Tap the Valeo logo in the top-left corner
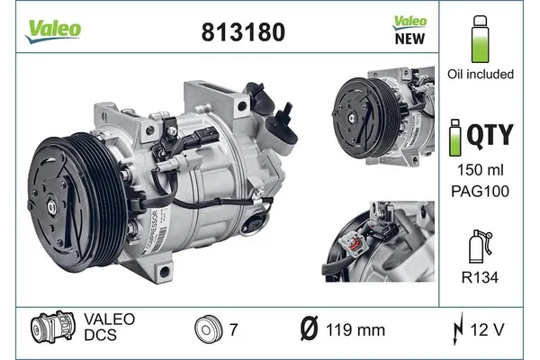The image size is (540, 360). coord(53,29)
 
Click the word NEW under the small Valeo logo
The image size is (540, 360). coord(410,39)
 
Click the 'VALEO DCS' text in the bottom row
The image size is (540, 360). coord(109,330)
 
